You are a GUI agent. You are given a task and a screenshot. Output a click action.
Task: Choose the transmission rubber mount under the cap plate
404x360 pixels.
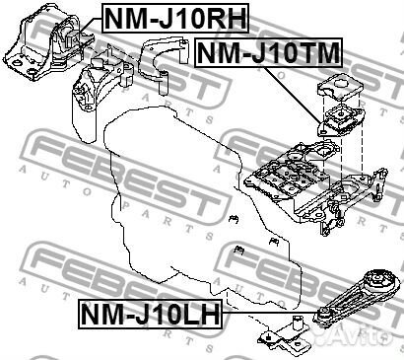pos(336,123)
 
